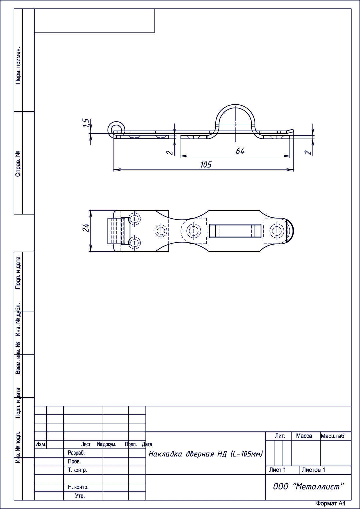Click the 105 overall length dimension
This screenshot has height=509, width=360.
tap(206, 165)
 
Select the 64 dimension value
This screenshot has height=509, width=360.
tap(240, 151)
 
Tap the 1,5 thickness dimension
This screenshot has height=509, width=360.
tap(85, 123)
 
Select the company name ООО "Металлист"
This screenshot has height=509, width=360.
tap(308, 487)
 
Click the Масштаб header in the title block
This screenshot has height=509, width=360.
tap(332, 436)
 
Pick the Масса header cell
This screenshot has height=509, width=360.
tap(304, 436)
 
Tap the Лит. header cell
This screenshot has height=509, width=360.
tap(280, 436)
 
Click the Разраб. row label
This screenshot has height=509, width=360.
tap(76, 453)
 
